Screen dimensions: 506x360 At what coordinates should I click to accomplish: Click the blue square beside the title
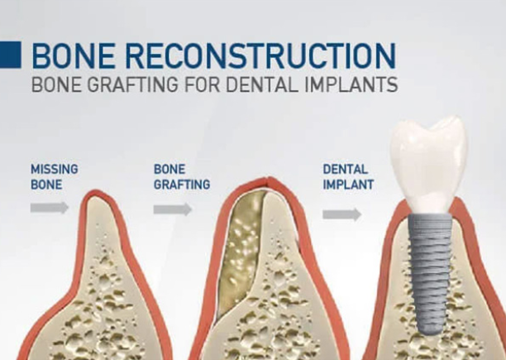point(10,55)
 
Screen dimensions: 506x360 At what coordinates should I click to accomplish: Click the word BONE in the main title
point(74,55)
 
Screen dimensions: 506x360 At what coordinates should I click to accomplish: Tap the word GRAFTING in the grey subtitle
point(132,84)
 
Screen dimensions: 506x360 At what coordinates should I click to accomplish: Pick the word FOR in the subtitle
point(202,84)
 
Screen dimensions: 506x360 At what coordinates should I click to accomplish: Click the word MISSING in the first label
point(55,169)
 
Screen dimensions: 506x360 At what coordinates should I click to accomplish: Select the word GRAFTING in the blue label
point(182,185)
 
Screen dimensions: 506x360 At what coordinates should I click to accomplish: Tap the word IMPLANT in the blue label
point(349,185)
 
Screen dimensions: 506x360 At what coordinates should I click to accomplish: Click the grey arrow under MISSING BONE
point(50,208)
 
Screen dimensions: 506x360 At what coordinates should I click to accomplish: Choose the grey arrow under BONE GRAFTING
point(173,209)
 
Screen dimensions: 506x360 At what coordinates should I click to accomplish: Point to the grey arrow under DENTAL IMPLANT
point(342,214)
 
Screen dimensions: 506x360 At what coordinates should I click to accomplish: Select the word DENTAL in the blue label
point(346,169)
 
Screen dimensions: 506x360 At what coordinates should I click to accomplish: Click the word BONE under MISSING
point(46,185)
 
